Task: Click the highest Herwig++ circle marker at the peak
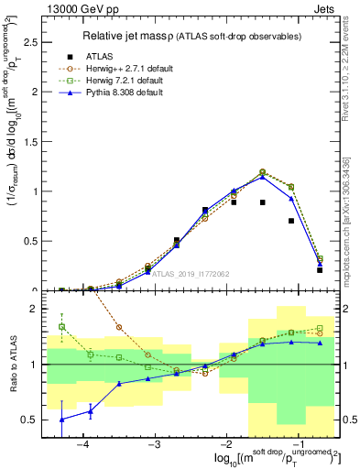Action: [x=262, y=171]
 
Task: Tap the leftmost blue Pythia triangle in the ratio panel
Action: [x=61, y=420]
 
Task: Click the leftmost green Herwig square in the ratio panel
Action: [x=61, y=326]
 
